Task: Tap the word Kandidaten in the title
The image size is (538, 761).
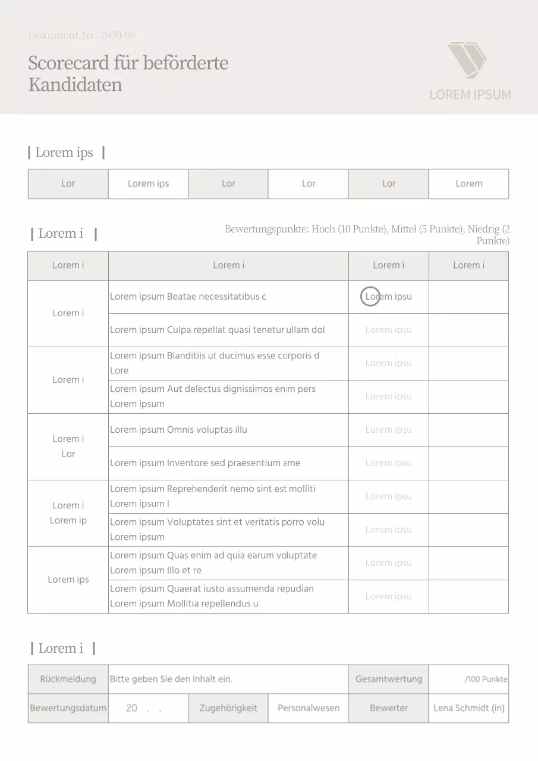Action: (75, 85)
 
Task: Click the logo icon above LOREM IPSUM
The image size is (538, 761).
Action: (467, 59)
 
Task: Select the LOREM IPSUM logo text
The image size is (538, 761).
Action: (470, 95)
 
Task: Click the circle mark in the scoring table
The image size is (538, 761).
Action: (370, 297)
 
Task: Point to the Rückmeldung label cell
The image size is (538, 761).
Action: (68, 679)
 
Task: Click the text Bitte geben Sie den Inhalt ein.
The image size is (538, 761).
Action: (171, 679)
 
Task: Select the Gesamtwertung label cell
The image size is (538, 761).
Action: (388, 679)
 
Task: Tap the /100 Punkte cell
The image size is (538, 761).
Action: (486, 679)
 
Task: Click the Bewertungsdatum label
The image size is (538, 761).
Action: (68, 708)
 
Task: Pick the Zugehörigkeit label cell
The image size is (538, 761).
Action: (228, 708)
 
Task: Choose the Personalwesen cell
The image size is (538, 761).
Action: (309, 708)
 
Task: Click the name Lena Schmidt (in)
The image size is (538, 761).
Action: (468, 708)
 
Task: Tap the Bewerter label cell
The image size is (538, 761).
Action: (388, 708)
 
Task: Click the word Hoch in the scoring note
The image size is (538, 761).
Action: (323, 229)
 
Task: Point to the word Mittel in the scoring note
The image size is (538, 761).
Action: (404, 229)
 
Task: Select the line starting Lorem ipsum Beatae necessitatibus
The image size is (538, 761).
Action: (188, 297)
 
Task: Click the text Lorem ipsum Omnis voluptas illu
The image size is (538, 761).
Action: (178, 430)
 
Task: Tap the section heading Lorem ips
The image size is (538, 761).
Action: (64, 153)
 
